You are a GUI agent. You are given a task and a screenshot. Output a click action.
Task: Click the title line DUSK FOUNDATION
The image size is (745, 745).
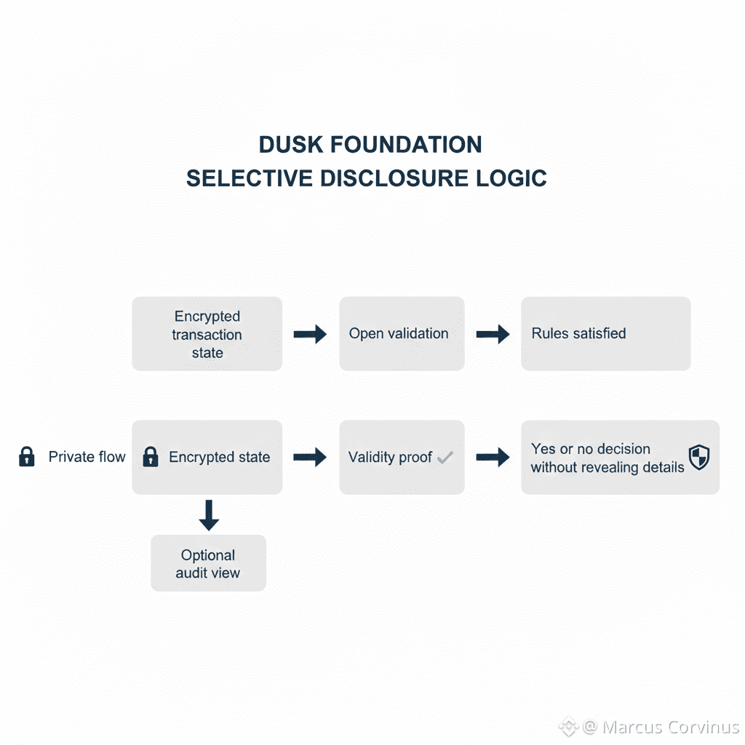click(x=370, y=145)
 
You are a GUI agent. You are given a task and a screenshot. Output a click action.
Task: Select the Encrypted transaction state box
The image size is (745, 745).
click(x=207, y=334)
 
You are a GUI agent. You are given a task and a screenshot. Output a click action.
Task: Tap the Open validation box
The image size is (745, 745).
click(x=401, y=334)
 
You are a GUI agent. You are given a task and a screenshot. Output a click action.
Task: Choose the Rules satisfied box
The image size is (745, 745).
click(x=605, y=334)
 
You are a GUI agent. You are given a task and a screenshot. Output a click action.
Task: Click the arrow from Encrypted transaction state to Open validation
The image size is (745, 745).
click(x=310, y=335)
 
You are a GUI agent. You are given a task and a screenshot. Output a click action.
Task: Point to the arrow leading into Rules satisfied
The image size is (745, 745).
click(x=493, y=335)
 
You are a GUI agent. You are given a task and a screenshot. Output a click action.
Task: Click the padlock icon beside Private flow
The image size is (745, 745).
click(x=27, y=457)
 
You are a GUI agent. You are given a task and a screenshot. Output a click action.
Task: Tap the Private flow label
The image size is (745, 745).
click(x=87, y=457)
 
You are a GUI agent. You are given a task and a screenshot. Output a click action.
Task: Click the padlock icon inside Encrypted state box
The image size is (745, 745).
click(x=151, y=457)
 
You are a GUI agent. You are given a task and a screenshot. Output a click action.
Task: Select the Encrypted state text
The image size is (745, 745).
click(x=219, y=457)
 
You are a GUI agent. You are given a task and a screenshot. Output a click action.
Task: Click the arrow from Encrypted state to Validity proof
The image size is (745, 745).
click(x=310, y=458)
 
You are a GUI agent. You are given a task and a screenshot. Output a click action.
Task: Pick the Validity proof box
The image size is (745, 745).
click(x=401, y=458)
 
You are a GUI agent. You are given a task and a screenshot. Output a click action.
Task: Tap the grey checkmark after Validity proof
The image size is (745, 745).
click(x=445, y=458)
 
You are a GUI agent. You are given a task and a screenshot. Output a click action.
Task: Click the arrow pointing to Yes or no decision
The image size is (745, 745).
click(x=493, y=458)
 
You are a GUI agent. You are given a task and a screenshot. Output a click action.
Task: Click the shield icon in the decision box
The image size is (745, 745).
click(x=699, y=458)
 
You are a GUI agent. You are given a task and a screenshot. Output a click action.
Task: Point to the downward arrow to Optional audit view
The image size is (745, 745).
click(x=209, y=514)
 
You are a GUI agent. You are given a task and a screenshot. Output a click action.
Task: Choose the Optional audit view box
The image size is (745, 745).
click(x=208, y=563)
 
